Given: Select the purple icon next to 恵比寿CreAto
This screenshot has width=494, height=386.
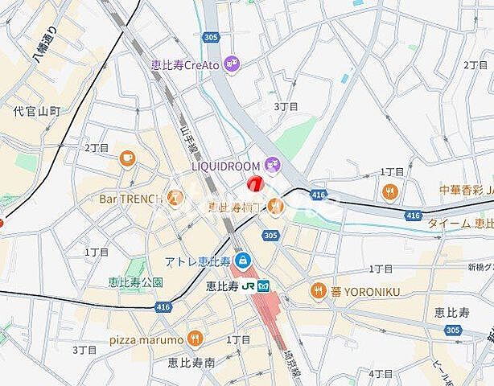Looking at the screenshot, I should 232,63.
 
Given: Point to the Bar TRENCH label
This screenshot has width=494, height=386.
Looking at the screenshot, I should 131,198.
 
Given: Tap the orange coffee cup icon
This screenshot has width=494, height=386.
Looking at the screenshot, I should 126,159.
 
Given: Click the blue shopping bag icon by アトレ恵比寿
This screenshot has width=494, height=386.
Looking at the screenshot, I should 242,260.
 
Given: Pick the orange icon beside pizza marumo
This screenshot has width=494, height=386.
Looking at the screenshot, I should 193,338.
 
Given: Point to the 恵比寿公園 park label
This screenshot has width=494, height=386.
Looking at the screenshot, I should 135,282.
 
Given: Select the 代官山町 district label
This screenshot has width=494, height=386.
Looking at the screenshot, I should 37,111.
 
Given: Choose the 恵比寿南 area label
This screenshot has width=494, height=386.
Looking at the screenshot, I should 187,363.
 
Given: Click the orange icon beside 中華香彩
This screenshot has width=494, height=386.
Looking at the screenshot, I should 390,191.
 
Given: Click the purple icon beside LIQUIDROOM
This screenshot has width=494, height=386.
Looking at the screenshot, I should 272,164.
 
